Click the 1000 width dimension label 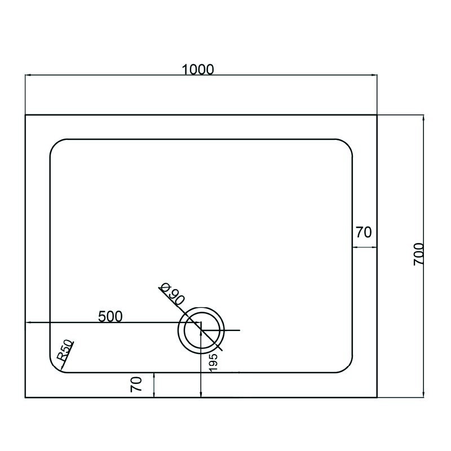tap(198, 69)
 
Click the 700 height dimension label tap(418, 254)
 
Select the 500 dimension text tap(110, 317)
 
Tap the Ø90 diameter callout tap(172, 294)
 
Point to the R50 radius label tap(65, 350)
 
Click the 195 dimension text tap(213, 362)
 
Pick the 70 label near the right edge tap(364, 232)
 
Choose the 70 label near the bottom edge tap(136, 384)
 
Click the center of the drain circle tap(201, 330)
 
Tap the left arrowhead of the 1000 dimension tap(26, 76)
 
